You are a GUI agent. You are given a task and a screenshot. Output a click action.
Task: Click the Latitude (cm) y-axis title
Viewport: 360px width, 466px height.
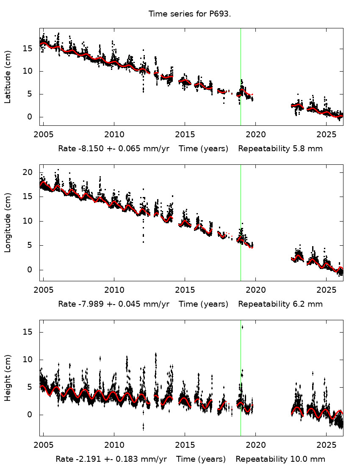(x=8, y=77)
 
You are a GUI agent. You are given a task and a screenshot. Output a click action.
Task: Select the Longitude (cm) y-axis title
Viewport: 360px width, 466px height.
(x=8, y=223)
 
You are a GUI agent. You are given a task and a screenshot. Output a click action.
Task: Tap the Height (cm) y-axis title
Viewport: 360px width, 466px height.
(x=8, y=378)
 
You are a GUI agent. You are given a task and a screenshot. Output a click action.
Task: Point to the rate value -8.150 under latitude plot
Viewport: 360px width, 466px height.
(x=89, y=149)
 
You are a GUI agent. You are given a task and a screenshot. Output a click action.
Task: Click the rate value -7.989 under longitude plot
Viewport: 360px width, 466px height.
(x=89, y=304)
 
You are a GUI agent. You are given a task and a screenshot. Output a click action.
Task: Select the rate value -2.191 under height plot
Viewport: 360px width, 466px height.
(x=86, y=459)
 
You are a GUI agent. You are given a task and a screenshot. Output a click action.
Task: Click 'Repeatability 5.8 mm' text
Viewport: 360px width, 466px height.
(x=280, y=149)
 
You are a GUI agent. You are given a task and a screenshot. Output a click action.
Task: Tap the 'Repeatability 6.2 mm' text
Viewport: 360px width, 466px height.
(x=280, y=304)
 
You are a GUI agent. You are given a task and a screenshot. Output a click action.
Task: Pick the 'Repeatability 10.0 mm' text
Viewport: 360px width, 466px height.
(x=280, y=459)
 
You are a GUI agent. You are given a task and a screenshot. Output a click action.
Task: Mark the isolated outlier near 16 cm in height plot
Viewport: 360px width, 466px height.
(x=242, y=327)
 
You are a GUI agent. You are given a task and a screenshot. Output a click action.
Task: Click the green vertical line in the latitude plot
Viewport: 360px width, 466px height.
(x=241, y=64)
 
